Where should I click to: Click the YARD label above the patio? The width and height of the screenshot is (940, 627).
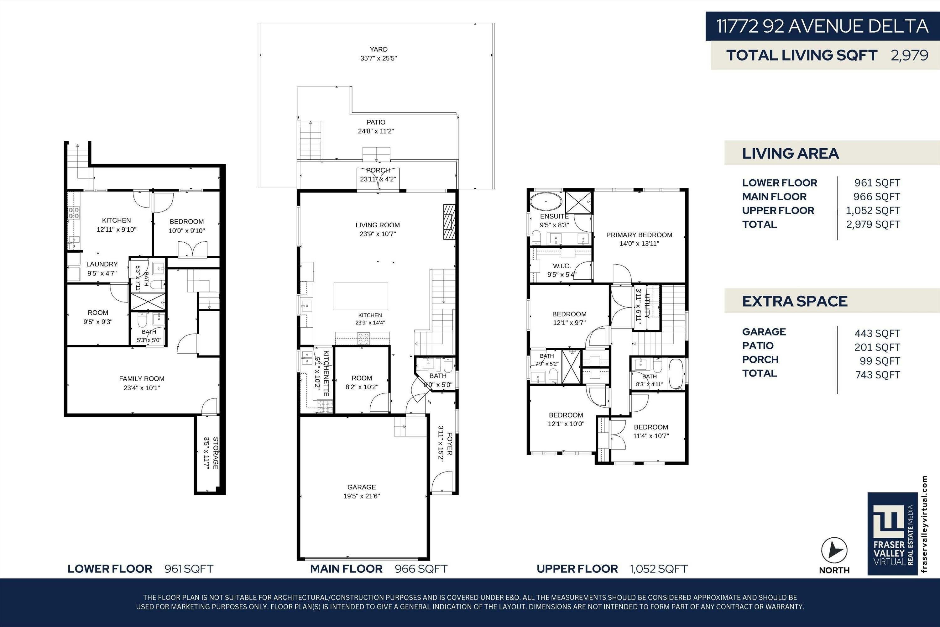click(x=379, y=49)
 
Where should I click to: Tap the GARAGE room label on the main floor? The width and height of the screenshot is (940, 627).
click(x=362, y=487)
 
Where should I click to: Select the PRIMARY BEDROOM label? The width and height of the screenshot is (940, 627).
click(x=639, y=235)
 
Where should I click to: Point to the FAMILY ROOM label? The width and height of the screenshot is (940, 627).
click(x=142, y=379)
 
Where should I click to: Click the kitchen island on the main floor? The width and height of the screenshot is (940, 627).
click(x=361, y=296)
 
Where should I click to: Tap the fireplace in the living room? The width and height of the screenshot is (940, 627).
click(x=449, y=222)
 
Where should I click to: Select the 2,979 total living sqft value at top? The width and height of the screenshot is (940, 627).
click(x=909, y=55)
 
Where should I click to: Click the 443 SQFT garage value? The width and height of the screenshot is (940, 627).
click(x=877, y=334)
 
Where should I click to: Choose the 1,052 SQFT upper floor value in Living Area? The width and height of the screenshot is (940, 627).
click(x=873, y=210)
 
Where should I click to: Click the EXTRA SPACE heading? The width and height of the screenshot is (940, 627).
click(x=795, y=301)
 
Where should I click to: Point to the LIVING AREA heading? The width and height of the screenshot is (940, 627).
click(x=790, y=154)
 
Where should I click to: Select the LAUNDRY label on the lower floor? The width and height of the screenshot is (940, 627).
click(x=102, y=264)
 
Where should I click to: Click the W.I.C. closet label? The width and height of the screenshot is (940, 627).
click(x=561, y=266)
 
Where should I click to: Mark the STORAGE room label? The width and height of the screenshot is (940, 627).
click(x=216, y=453)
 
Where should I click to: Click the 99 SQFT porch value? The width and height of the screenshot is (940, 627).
click(x=880, y=361)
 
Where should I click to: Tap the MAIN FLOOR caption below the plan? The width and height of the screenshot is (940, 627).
click(x=346, y=569)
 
